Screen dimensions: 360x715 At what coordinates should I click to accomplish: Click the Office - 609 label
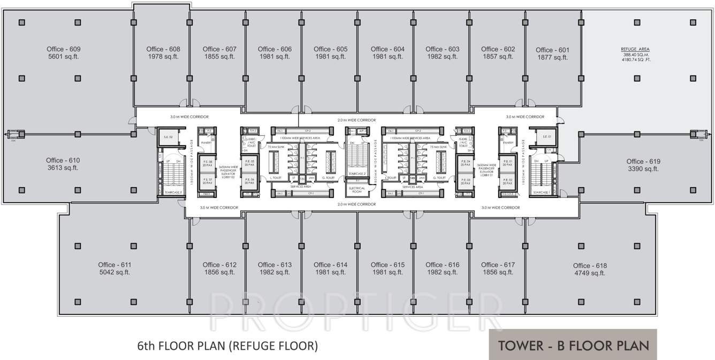pyautogui.click(x=63, y=49)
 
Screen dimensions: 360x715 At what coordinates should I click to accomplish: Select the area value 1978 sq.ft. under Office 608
pyautogui.click(x=163, y=57)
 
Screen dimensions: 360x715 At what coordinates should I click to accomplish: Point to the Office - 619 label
pyautogui.click(x=643, y=161)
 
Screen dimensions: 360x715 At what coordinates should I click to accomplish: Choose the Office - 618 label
pyautogui.click(x=590, y=265)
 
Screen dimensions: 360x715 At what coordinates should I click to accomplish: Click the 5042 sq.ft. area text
pyautogui.click(x=115, y=272)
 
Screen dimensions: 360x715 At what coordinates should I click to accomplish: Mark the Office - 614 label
pyautogui.click(x=330, y=265)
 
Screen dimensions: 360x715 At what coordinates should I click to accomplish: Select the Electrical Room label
pyautogui.click(x=356, y=190)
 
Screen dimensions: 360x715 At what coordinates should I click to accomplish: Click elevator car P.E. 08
pyautogui.click(x=206, y=163)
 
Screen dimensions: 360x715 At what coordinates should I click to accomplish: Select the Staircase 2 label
pyautogui.click(x=356, y=174)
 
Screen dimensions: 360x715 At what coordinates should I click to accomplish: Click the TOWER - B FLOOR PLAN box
pyautogui.click(x=573, y=345)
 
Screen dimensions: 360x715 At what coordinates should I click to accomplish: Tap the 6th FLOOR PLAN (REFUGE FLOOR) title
pyautogui.click(x=227, y=346)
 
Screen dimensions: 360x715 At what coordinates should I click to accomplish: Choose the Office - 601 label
pyautogui.click(x=552, y=50)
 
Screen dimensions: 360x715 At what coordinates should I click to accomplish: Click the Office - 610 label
pyautogui.click(x=63, y=160)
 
